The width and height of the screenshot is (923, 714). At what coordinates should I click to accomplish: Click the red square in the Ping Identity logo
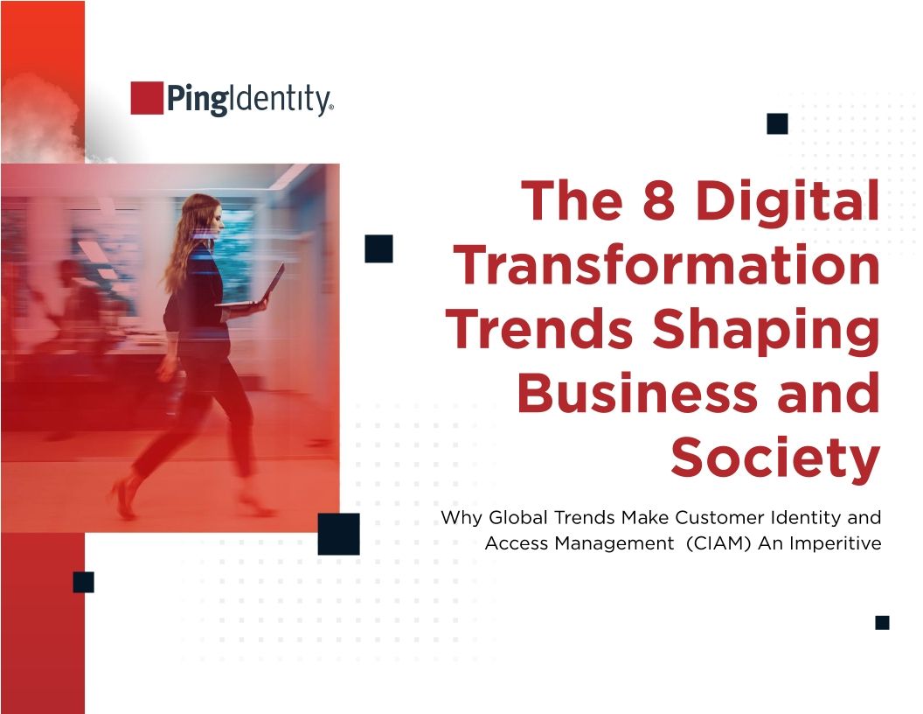tap(147, 98)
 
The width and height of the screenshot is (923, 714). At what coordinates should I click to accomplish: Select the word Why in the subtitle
tap(459, 517)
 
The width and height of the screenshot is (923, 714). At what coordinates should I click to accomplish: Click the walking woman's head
tap(203, 214)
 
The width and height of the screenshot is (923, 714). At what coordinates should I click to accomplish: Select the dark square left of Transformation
tap(378, 248)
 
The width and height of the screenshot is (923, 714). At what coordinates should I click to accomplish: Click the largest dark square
tap(338, 534)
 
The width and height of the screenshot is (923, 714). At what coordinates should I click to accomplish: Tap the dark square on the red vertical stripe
tap(83, 582)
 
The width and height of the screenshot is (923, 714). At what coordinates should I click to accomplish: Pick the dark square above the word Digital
tap(777, 123)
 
